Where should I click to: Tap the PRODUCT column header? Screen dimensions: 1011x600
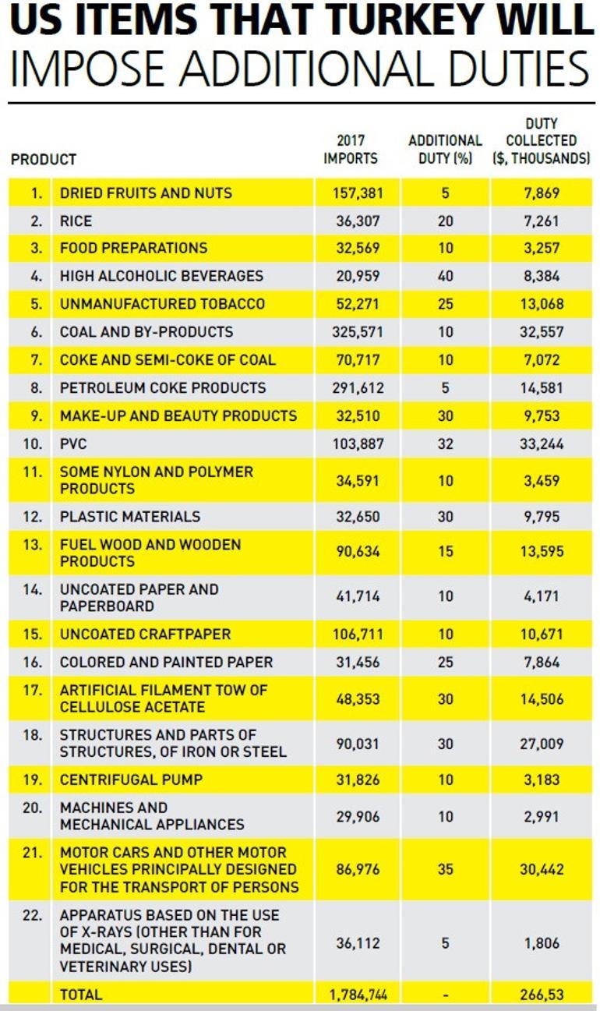(x=44, y=159)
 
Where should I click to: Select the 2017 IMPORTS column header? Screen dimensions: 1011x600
(x=351, y=150)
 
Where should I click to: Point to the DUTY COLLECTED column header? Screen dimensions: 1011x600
(x=541, y=141)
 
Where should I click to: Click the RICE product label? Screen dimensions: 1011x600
(x=76, y=221)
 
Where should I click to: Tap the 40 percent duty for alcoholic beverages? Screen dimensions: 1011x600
(x=445, y=276)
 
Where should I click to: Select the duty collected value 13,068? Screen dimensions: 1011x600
(x=542, y=304)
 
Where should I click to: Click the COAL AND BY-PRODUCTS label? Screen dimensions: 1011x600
(x=146, y=332)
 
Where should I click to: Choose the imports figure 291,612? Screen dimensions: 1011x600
(x=357, y=388)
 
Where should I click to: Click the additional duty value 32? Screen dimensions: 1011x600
(x=445, y=444)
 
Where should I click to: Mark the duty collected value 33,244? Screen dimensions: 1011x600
(x=542, y=444)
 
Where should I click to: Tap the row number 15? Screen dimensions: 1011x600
(x=33, y=635)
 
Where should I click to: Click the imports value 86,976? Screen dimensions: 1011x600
(x=357, y=869)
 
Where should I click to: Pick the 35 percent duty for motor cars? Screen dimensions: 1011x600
(x=445, y=869)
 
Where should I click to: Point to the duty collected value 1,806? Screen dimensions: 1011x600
(x=542, y=943)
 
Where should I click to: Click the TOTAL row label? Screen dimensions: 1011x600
(x=81, y=994)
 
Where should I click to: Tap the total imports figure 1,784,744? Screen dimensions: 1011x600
(x=355, y=994)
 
